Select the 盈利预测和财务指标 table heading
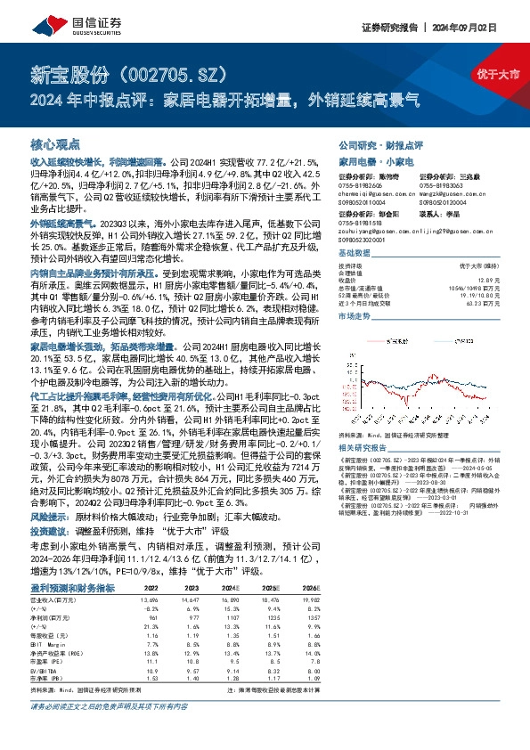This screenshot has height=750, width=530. click(x=73, y=589)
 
